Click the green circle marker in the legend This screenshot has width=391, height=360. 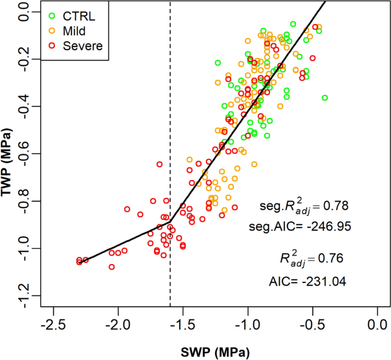(53, 15)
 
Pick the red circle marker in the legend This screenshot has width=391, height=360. (53, 46)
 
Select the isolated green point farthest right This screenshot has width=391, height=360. (325, 98)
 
